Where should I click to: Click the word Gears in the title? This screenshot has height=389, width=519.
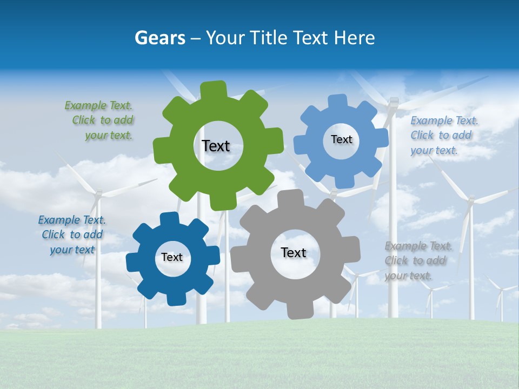[x=159, y=38]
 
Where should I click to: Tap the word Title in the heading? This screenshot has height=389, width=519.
[x=270, y=38]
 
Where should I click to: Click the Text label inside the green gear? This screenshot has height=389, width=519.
[x=216, y=146]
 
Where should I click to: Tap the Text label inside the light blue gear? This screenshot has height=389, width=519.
[x=341, y=139]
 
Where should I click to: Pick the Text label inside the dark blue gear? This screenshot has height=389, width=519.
[x=172, y=258]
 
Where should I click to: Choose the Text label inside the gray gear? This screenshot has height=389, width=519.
[x=294, y=252]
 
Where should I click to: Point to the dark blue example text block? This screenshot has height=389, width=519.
[x=72, y=234]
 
